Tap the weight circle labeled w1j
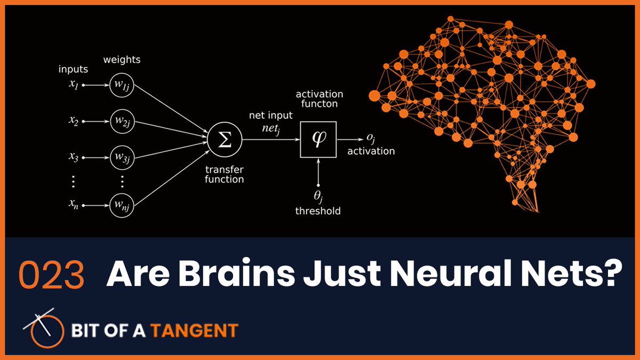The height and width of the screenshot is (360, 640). click(121, 85)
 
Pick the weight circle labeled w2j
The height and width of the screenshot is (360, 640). click(121, 122)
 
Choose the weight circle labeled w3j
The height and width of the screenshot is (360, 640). click(121, 158)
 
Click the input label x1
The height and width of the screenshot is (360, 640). click(74, 85)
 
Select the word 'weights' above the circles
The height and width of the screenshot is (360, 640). click(123, 60)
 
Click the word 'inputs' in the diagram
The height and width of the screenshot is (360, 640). click(74, 69)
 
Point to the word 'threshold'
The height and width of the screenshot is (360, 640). click(318, 211)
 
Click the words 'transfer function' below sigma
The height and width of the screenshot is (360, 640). click(225, 174)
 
